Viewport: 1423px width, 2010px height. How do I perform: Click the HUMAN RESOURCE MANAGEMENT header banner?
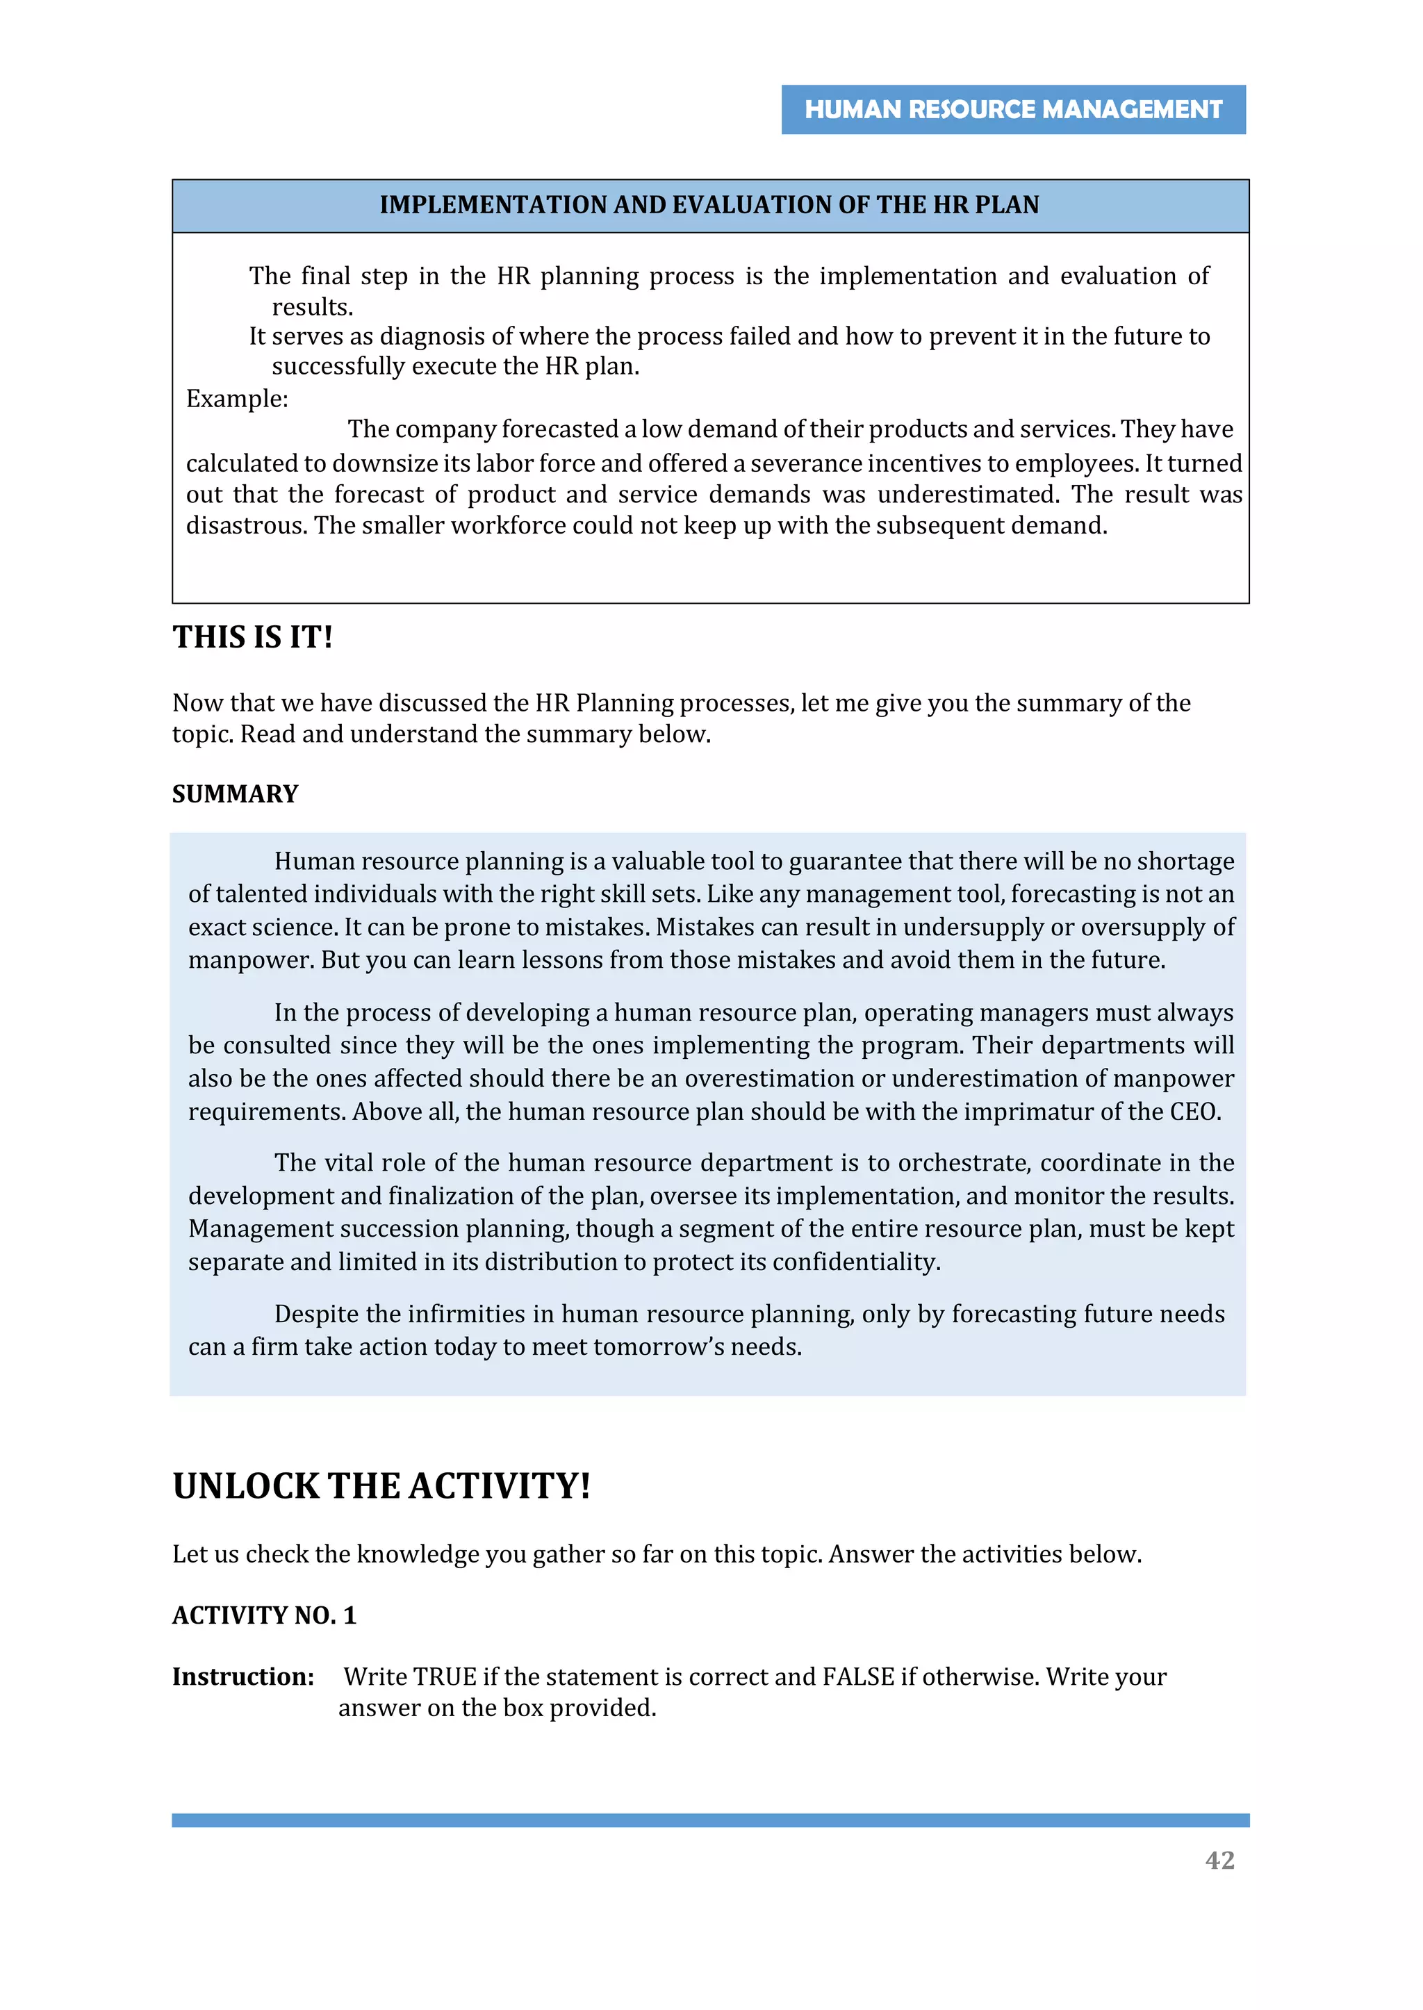(1013, 110)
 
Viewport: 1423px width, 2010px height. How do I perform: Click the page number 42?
(1219, 1859)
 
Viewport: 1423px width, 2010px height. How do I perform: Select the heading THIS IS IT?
(252, 637)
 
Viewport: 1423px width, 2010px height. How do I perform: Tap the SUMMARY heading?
(235, 794)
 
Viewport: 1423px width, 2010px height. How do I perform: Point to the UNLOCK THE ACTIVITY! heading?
(381, 1486)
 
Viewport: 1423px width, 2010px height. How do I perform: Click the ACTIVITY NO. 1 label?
(264, 1615)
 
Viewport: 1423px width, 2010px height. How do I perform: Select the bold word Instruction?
(242, 1677)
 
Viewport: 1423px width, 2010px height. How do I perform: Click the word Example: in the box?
(236, 399)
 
